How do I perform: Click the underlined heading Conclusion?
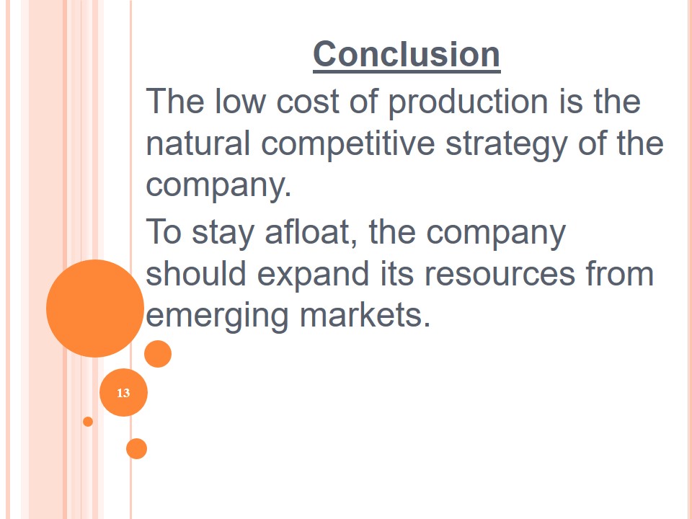(407, 55)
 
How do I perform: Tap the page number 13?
(123, 393)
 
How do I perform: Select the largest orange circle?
(95, 309)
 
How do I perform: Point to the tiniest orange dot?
(88, 422)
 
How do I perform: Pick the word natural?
(198, 143)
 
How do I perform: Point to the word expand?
(313, 275)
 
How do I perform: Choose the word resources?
(500, 274)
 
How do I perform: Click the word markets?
(365, 315)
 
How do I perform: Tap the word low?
(240, 101)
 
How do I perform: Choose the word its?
(396, 273)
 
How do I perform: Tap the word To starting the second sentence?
(164, 231)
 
